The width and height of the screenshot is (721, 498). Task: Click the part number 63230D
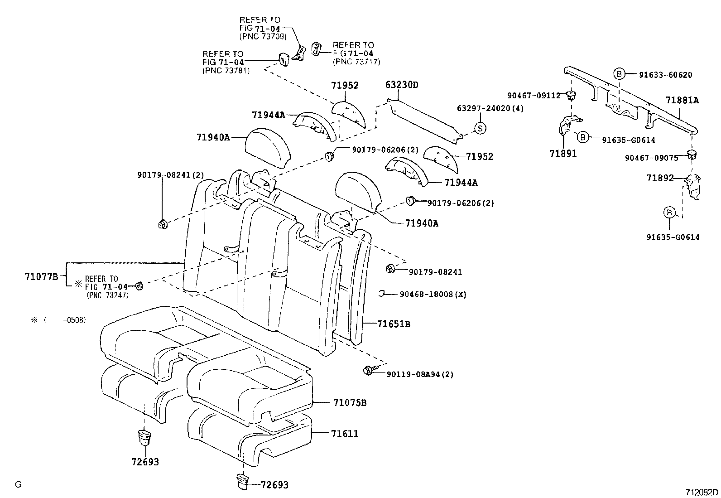click(402, 85)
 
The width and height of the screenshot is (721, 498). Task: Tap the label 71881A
click(682, 101)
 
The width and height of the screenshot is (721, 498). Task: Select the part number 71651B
click(394, 324)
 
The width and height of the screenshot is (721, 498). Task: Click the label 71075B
click(350, 402)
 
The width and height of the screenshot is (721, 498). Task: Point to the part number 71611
click(345, 434)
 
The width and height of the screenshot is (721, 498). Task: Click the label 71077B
click(42, 276)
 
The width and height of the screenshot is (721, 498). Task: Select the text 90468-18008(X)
click(433, 294)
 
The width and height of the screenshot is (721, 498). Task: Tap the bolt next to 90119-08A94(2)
click(368, 371)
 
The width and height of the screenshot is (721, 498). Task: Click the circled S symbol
click(480, 129)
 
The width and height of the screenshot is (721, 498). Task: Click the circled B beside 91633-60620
click(619, 74)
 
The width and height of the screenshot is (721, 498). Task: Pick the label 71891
click(563, 154)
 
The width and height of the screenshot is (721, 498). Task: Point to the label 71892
click(660, 179)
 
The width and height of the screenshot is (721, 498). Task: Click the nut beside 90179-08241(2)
click(163, 223)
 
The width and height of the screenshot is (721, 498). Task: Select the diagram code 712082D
click(702, 492)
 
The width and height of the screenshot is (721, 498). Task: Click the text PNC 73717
click(356, 62)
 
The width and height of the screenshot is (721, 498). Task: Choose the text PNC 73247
click(107, 295)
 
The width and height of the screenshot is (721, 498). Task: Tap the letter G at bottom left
click(18, 484)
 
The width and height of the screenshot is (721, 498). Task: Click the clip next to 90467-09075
click(691, 155)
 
